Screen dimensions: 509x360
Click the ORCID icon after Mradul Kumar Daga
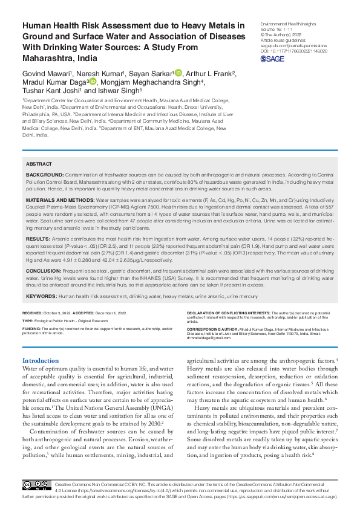click(93, 82)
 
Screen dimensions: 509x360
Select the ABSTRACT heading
click(39, 164)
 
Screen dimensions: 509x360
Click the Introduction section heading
click(41, 360)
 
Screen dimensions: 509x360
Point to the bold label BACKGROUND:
click(43, 174)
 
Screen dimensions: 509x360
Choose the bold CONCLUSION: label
click(44, 271)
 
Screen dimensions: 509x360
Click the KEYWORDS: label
click(41, 296)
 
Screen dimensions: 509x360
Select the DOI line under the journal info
click(293, 51)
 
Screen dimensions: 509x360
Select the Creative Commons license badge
click(36, 485)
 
